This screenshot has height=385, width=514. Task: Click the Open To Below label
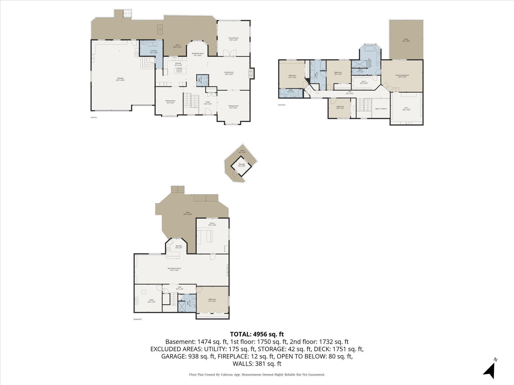tap(381, 109)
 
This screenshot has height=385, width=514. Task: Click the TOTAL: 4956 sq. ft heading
tap(257, 334)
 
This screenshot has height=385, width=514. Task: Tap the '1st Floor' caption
tap(94, 117)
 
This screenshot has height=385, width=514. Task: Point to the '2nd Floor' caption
tap(282, 105)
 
